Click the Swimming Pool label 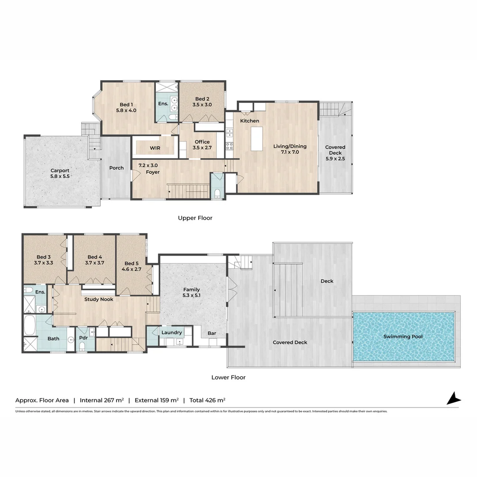click(x=403, y=337)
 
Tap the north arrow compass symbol click(x=454, y=398)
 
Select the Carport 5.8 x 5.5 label click(x=60, y=174)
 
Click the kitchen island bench click(x=257, y=139)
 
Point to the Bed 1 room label click(x=126, y=105)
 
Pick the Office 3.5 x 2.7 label click(x=202, y=145)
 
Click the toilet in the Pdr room click(x=82, y=346)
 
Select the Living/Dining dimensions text click(x=290, y=152)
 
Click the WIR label click(x=155, y=148)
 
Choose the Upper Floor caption click(x=195, y=218)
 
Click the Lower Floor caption click(x=228, y=377)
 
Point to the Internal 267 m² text click(x=102, y=400)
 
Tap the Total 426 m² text click(x=208, y=400)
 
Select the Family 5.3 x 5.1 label click(x=192, y=292)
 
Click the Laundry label click(x=171, y=333)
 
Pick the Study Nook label click(x=98, y=299)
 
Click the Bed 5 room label click(x=132, y=263)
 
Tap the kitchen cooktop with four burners click(x=229, y=146)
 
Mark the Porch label click(x=117, y=168)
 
